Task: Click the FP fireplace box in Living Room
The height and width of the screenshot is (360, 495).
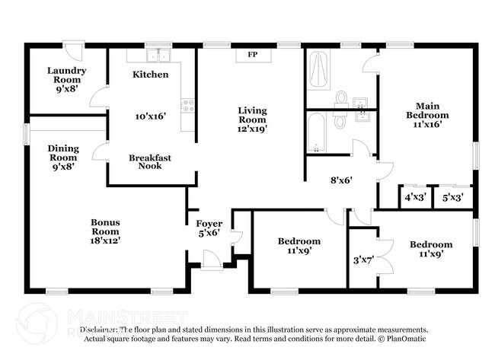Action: point(253,55)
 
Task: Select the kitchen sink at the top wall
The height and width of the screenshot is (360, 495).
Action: point(158,56)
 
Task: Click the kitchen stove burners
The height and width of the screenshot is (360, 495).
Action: point(187,105)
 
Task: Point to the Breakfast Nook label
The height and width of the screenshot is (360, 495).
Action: point(149,161)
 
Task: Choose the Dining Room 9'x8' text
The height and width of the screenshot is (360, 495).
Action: point(63,158)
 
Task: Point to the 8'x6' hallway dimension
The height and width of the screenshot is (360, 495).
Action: point(340,181)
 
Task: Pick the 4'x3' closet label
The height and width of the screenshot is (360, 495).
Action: point(414,197)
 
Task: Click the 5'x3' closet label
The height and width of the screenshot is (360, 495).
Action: point(452,197)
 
